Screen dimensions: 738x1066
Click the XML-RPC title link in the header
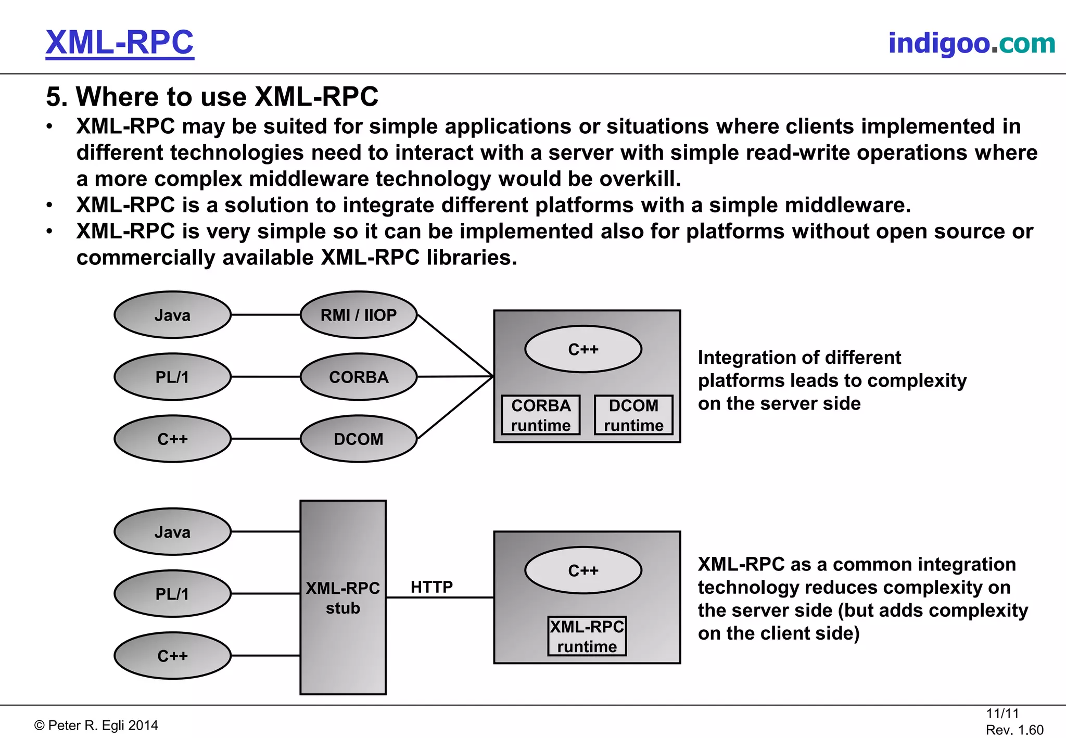120,43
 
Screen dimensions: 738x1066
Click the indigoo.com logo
971,43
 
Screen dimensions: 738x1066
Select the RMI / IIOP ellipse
359,315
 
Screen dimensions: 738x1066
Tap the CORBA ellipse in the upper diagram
359,377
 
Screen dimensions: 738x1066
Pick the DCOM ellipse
359,439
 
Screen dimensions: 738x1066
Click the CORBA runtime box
541,415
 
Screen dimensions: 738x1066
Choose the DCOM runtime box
633,415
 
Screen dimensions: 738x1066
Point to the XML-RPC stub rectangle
343,597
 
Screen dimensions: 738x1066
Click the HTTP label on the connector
432,587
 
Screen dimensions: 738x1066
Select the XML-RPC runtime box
587,636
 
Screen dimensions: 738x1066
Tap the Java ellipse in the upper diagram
172,315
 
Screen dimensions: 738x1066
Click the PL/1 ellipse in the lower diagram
172,594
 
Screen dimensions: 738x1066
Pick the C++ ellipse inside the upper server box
583,349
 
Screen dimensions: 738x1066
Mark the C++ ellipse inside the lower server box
583,570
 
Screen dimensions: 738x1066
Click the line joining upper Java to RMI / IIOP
265,315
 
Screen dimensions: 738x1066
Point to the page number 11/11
1002,714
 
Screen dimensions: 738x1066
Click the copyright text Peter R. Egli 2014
96,726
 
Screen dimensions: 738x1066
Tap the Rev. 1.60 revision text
1014,730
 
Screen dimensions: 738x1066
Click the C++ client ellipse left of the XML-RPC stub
172,656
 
